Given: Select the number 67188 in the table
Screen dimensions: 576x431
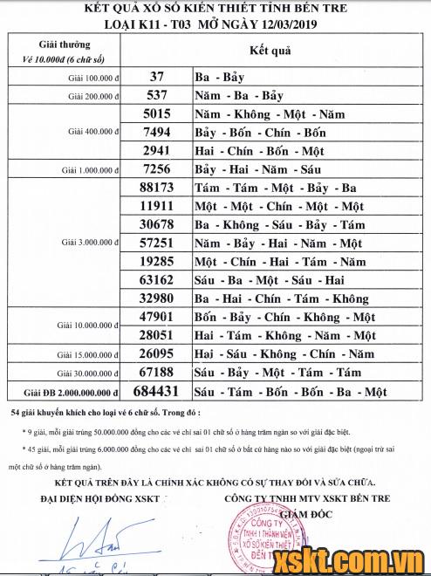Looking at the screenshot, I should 158,373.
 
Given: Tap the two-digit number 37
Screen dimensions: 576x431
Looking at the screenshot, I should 157,76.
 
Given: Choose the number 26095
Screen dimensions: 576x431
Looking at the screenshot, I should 158,354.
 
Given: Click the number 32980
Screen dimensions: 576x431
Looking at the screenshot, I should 157,298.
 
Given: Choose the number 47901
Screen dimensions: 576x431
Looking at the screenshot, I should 158,317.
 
